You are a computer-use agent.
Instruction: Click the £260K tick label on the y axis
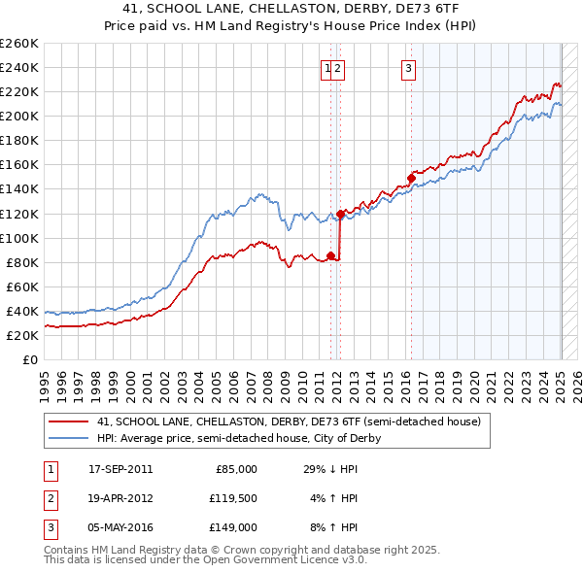(19, 44)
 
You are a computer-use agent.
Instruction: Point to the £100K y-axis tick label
(19, 238)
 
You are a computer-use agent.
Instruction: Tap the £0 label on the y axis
(31, 360)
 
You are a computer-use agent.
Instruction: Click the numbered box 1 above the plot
(327, 68)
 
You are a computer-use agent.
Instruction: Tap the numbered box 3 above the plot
(409, 68)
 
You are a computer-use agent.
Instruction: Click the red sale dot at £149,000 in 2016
(411, 179)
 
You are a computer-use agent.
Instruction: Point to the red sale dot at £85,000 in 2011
(331, 256)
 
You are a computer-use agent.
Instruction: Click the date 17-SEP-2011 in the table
(120, 469)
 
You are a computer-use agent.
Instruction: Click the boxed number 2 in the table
(48, 498)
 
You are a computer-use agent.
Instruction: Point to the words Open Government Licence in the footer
(288, 560)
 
